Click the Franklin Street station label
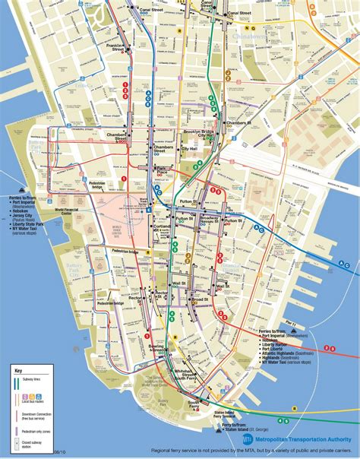tap(115, 47)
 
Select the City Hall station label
tap(189, 149)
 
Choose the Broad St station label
tap(201, 299)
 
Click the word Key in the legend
tap(19, 370)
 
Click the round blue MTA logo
tap(247, 438)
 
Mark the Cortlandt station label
tap(160, 226)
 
